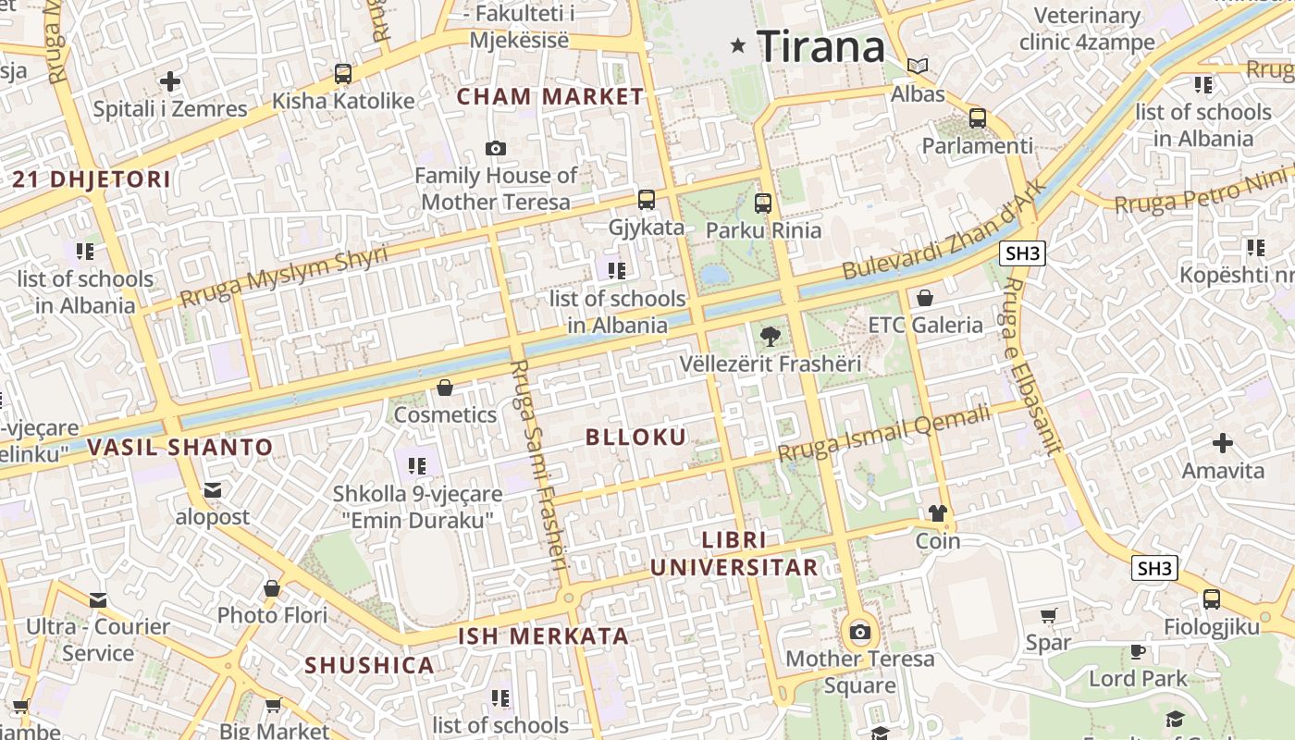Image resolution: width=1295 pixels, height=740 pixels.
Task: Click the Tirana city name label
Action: (821, 46)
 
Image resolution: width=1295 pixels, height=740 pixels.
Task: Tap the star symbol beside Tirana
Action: (737, 44)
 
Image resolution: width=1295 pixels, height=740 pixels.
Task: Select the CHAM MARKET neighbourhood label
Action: (550, 96)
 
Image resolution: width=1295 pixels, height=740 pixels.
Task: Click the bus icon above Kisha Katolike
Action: (343, 73)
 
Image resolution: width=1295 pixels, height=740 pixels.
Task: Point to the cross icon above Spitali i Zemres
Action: (170, 81)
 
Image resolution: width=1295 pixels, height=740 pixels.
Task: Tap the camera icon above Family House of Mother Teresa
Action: (496, 148)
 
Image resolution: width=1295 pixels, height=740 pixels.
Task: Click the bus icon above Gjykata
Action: (646, 199)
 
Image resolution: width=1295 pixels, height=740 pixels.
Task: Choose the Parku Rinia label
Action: (763, 229)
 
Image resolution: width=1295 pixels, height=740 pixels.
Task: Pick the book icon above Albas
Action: (918, 66)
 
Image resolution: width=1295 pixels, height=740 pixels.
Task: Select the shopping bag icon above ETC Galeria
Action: (925, 298)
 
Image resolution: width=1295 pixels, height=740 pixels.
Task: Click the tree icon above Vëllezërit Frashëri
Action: (769, 337)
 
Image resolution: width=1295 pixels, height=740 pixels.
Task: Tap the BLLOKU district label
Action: (636, 438)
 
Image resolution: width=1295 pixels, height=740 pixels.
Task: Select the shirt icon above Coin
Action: (938, 513)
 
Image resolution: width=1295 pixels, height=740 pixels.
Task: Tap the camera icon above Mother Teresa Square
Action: (860, 633)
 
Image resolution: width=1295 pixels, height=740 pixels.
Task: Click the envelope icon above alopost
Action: (213, 489)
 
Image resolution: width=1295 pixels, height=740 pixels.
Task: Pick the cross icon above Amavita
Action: (1223, 443)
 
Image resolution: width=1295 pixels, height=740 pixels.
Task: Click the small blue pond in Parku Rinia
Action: (714, 275)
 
